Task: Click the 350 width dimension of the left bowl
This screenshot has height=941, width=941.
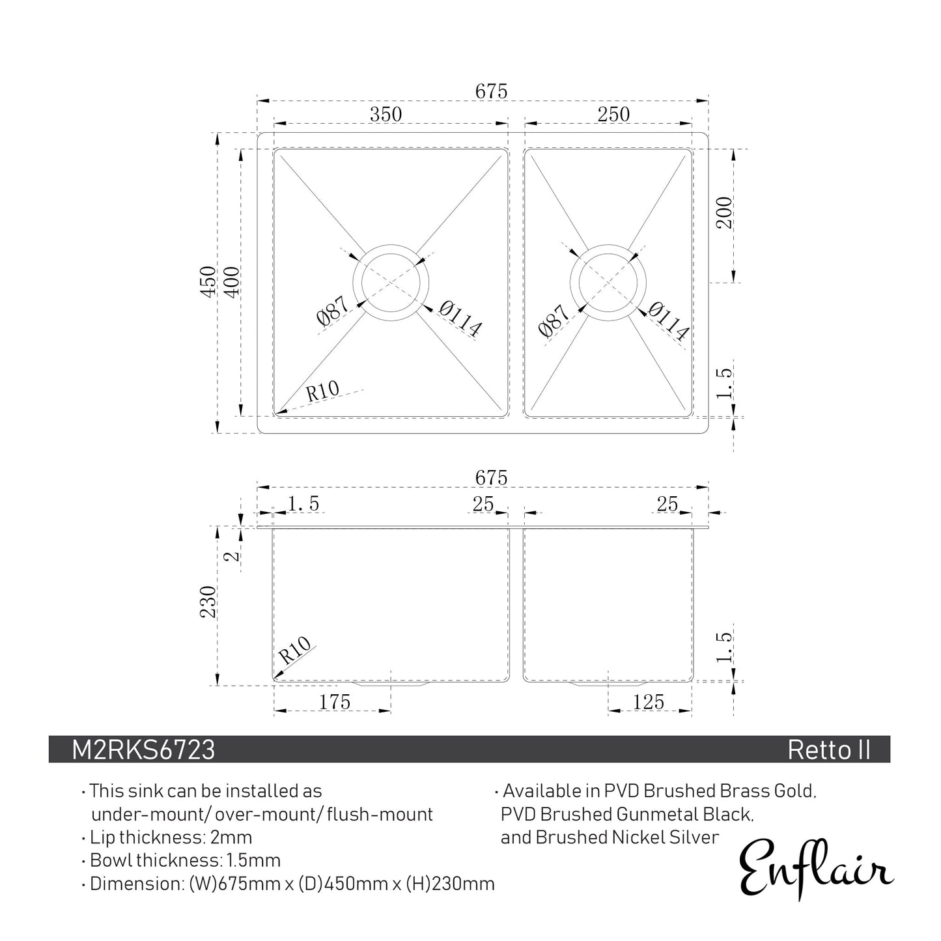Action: coord(386,114)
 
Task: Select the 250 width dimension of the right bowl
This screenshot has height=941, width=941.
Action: coord(613,114)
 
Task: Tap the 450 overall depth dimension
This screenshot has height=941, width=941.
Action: coord(208,281)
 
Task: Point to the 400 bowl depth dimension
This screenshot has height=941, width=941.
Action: coord(231,281)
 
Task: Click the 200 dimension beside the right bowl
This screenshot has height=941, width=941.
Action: coord(725,212)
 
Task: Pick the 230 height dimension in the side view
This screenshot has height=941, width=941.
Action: coord(208,602)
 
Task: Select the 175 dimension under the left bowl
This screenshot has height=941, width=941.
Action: coord(335,701)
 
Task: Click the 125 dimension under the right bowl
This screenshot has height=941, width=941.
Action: coord(649,701)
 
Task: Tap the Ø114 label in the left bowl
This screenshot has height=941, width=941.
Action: coord(460,319)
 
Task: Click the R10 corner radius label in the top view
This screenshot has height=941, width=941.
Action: coord(322,391)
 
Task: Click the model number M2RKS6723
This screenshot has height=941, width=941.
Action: coord(143,750)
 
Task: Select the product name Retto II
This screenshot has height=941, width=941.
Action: coord(828,750)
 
